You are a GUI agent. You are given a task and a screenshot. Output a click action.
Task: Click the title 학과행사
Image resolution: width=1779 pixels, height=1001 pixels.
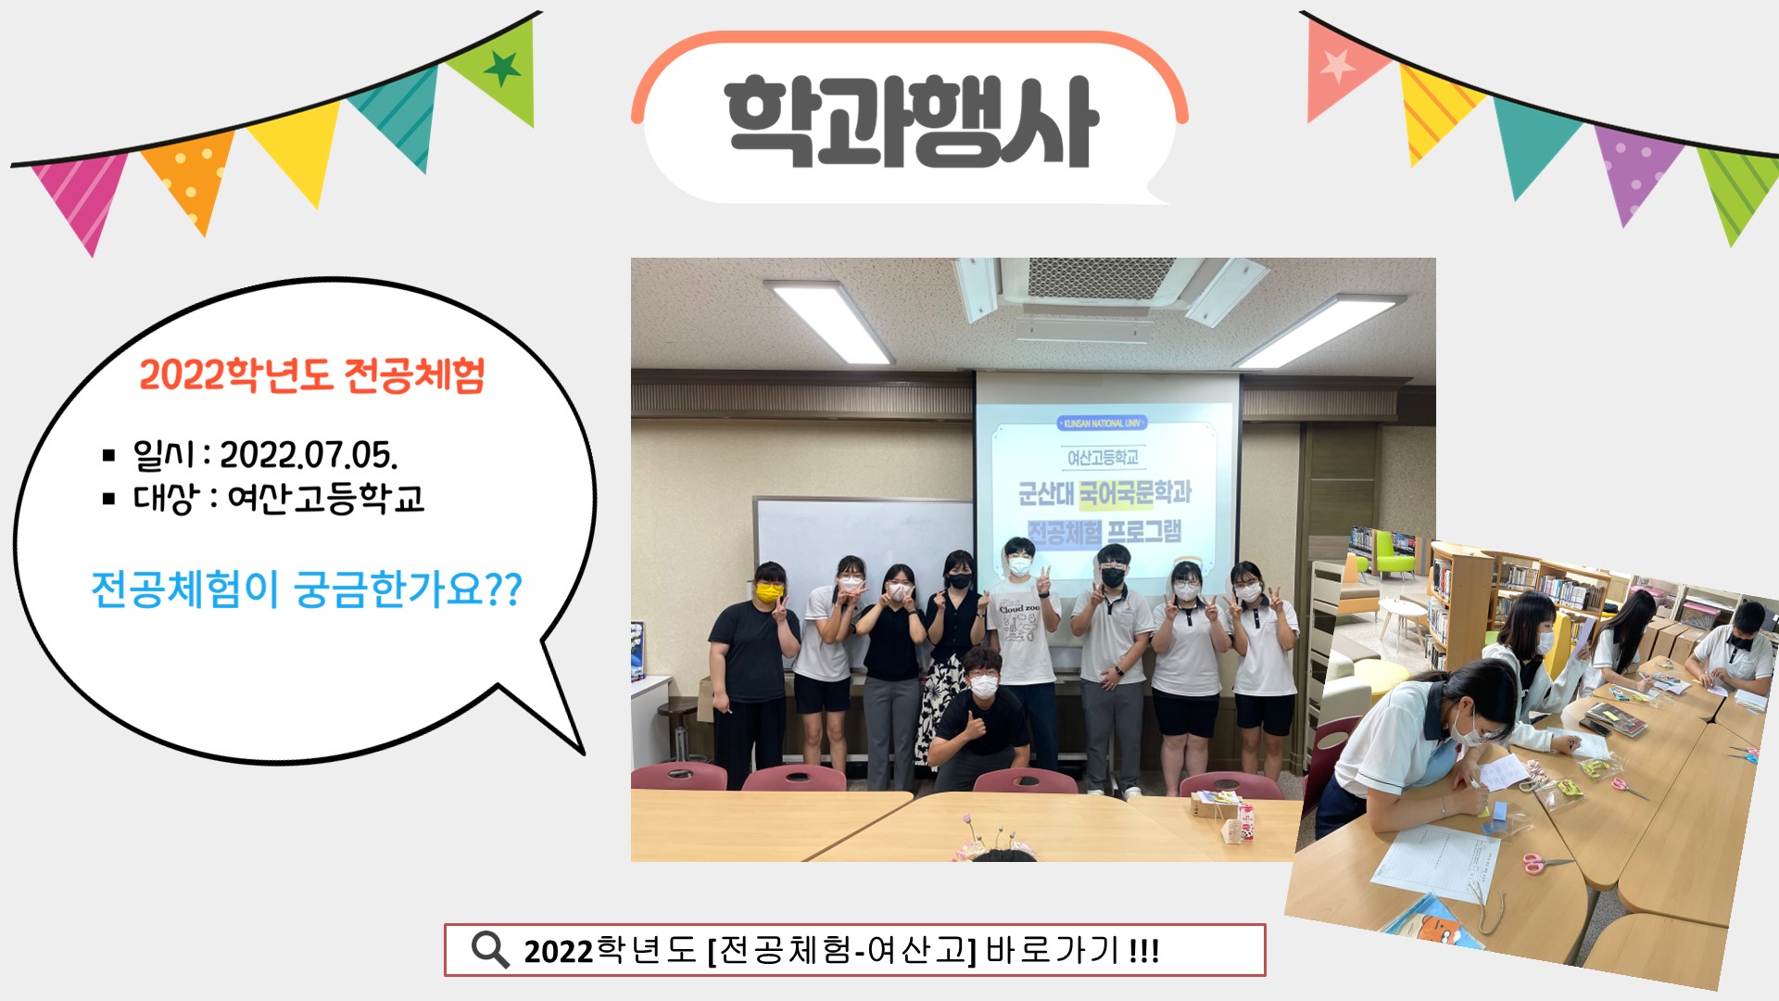[911, 122]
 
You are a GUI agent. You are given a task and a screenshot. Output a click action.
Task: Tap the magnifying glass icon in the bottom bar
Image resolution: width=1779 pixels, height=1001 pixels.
[489, 950]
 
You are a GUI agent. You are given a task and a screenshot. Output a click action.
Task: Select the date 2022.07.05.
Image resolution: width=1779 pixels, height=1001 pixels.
[308, 455]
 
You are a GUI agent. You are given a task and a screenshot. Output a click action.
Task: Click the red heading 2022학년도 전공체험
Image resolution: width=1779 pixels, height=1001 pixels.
[312, 375]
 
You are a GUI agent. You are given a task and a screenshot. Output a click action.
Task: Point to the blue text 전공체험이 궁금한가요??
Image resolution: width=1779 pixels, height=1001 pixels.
[307, 589]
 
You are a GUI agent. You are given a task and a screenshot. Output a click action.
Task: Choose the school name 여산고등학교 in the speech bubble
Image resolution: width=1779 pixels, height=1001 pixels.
[325, 499]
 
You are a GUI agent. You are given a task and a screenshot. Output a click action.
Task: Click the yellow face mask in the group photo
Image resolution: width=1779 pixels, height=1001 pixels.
[768, 592]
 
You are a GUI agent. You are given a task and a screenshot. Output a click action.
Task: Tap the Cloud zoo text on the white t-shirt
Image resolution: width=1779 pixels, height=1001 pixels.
[1019, 608]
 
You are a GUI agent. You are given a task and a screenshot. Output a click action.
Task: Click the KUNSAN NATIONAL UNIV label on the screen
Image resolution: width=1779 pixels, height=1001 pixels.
[1102, 424]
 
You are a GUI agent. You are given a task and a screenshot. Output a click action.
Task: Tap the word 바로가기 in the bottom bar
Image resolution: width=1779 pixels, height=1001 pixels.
[1052, 950]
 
